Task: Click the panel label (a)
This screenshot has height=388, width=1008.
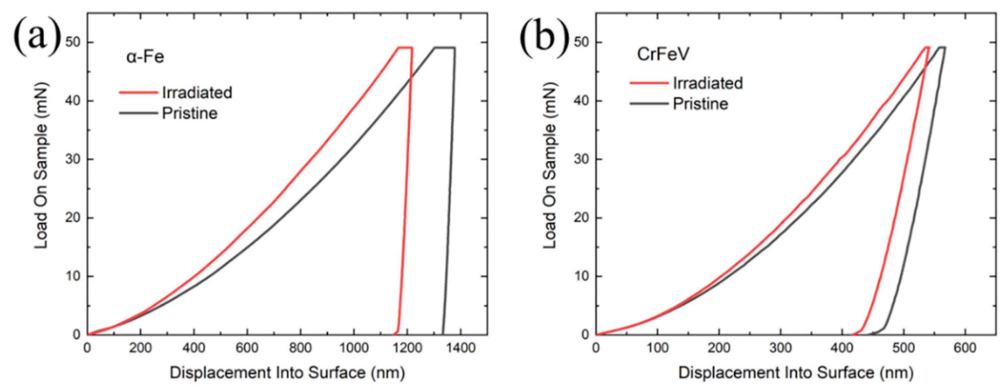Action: click(37, 38)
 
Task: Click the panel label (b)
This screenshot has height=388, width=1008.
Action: click(544, 38)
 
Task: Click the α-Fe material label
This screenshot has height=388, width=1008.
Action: click(145, 57)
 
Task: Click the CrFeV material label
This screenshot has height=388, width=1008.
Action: click(663, 54)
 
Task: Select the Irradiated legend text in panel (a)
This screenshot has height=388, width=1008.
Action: click(197, 93)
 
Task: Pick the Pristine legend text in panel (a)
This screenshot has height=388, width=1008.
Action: click(190, 114)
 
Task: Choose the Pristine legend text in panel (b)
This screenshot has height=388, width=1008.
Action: click(700, 104)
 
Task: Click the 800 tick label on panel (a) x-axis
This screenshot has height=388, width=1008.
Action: click(300, 348)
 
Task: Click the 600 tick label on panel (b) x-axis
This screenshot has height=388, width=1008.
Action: click(965, 348)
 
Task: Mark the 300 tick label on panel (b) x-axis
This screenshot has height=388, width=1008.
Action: click(780, 348)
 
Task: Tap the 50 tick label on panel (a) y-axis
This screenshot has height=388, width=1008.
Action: click(72, 42)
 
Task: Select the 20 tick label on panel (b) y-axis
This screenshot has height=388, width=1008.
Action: click(581, 218)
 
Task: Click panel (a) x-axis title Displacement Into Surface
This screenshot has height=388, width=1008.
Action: click(287, 373)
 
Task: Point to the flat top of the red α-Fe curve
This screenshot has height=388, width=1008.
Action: click(405, 47)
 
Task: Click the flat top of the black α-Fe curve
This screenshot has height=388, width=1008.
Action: click(444, 47)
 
